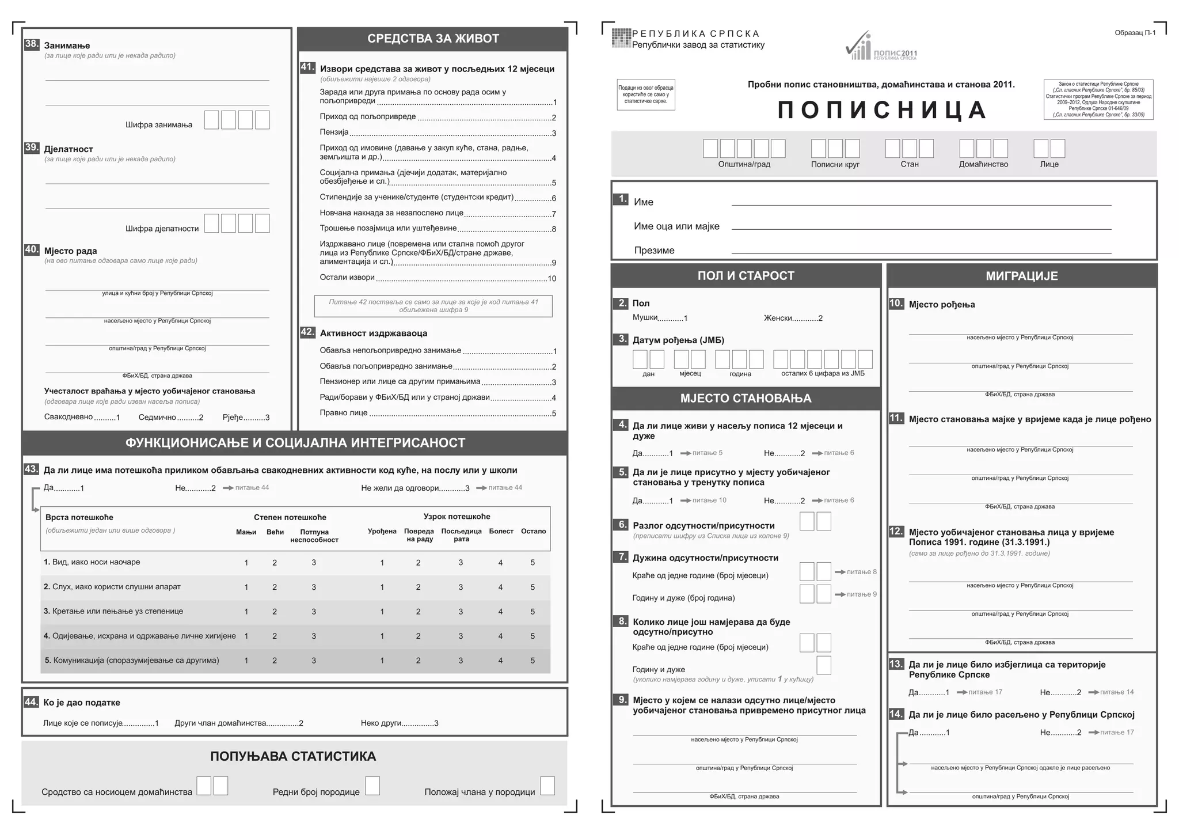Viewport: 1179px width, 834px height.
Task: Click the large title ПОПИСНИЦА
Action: pyautogui.click(x=882, y=110)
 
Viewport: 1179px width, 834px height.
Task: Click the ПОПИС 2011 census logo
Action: pyautogui.click(x=881, y=47)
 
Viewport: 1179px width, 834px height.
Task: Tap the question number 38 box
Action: pyautogui.click(x=32, y=44)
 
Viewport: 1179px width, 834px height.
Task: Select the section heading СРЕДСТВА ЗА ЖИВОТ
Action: pyautogui.click(x=433, y=39)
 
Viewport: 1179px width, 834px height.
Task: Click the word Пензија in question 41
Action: pyautogui.click(x=334, y=132)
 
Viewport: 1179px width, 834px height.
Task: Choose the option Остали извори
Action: pyautogui.click(x=347, y=278)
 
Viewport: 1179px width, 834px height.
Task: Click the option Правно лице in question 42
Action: pyautogui.click(x=343, y=413)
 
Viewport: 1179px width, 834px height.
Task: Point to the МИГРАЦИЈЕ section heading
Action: pyautogui.click(x=1022, y=276)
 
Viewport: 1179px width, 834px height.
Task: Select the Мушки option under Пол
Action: pyautogui.click(x=645, y=318)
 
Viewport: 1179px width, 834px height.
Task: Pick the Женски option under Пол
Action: pyautogui.click(x=778, y=318)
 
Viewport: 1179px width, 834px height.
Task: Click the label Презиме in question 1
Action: pyautogui.click(x=654, y=251)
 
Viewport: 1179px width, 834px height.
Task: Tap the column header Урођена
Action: pyautogui.click(x=382, y=531)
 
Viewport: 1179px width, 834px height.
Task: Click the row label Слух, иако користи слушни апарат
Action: pyautogui.click(x=112, y=587)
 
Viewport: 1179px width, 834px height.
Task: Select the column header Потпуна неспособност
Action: pyautogui.click(x=314, y=536)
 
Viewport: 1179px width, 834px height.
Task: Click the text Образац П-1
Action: pyautogui.click(x=1135, y=33)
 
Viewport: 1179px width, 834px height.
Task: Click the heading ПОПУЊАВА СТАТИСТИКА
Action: pyautogui.click(x=293, y=756)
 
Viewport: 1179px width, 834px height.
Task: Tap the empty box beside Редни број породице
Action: pyautogui.click(x=372, y=786)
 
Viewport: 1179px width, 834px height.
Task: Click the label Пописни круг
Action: pyautogui.click(x=835, y=165)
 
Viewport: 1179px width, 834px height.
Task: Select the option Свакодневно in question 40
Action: pyautogui.click(x=69, y=417)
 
